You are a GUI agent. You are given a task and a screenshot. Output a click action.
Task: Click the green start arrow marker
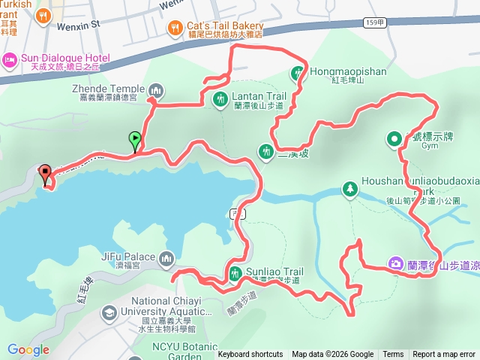135,139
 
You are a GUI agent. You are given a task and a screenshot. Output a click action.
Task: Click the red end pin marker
44,175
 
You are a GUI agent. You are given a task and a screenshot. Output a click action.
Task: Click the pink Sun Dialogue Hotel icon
10,59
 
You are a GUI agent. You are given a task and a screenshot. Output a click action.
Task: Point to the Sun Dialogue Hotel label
65,58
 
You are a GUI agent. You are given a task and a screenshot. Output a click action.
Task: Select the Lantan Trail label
259,96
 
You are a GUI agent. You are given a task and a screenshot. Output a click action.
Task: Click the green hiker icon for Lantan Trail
220,98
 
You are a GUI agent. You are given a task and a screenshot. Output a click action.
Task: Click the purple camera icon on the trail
394,262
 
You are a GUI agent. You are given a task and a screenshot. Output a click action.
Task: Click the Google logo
28,349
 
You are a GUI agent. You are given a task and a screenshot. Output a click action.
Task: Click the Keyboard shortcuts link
250,355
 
